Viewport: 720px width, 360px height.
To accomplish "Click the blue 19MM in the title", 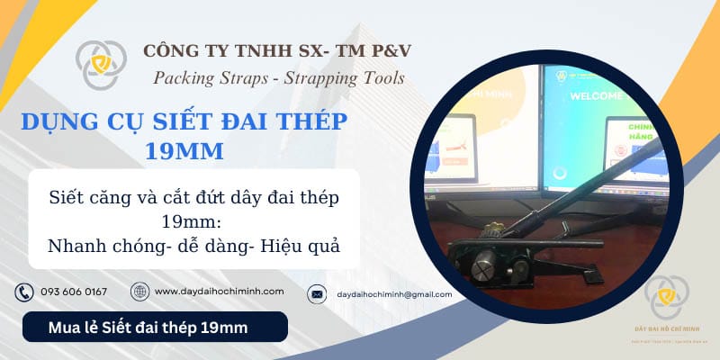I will tap(184, 150).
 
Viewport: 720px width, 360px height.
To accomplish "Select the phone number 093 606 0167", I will tap(74, 292).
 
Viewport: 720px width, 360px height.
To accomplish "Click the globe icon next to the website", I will tap(139, 292).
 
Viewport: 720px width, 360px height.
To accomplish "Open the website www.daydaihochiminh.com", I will tap(220, 292).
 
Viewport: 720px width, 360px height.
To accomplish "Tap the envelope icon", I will tap(317, 293).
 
